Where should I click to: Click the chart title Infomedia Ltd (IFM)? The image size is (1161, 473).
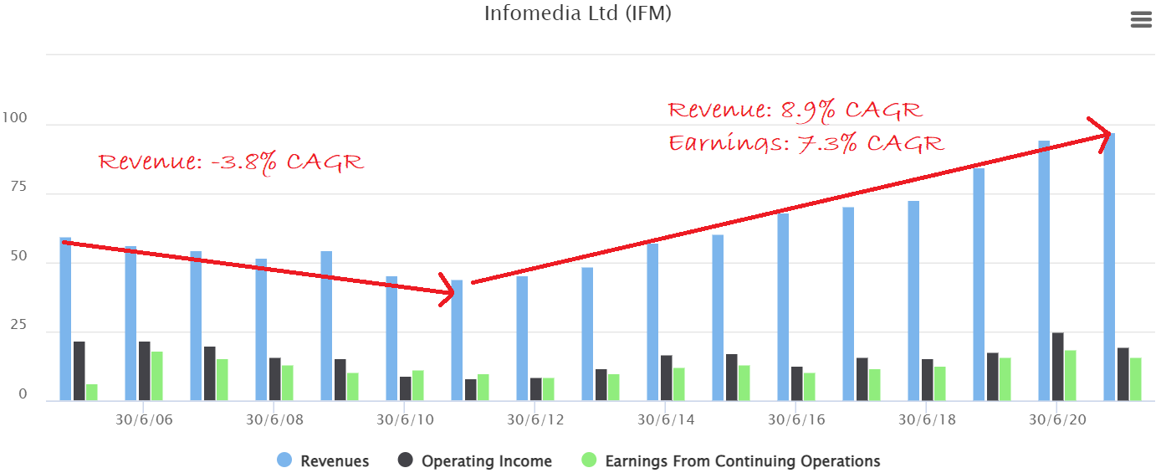click(577, 14)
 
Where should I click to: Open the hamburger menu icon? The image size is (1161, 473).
click(1141, 20)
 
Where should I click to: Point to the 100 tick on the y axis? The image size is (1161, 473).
click(16, 119)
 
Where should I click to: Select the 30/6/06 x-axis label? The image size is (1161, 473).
click(144, 419)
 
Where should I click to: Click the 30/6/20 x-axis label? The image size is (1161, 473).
click(1056, 419)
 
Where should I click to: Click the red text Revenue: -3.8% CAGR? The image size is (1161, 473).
click(232, 162)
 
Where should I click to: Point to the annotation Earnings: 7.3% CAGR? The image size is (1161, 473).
click(806, 143)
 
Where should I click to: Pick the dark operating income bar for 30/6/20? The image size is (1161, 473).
click(1057, 367)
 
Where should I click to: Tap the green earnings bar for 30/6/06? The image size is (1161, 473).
click(157, 376)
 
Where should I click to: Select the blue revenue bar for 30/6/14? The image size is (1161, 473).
click(652, 322)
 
